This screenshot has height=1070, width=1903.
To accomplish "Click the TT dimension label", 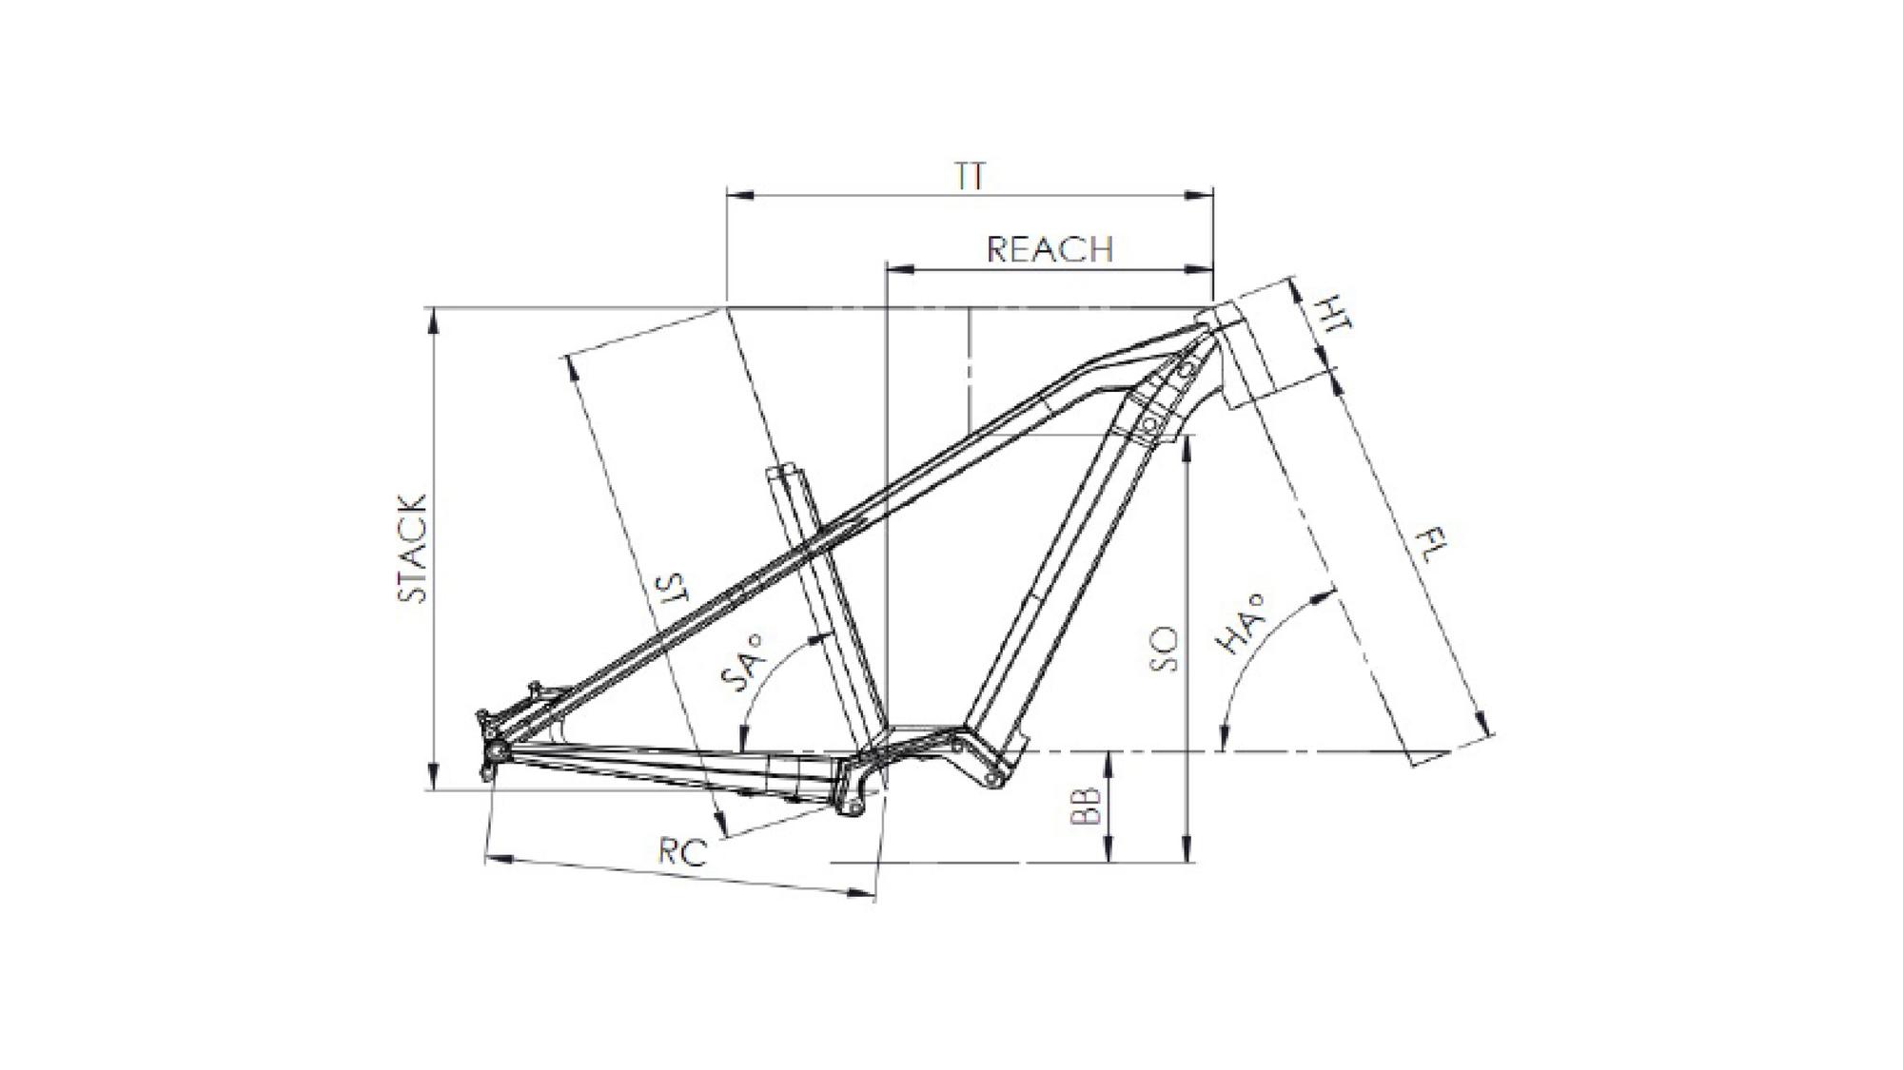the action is point(970,177).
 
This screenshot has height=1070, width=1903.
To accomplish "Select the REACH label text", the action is point(1050,249).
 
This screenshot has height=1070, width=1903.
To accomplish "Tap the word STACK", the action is point(412,548).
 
